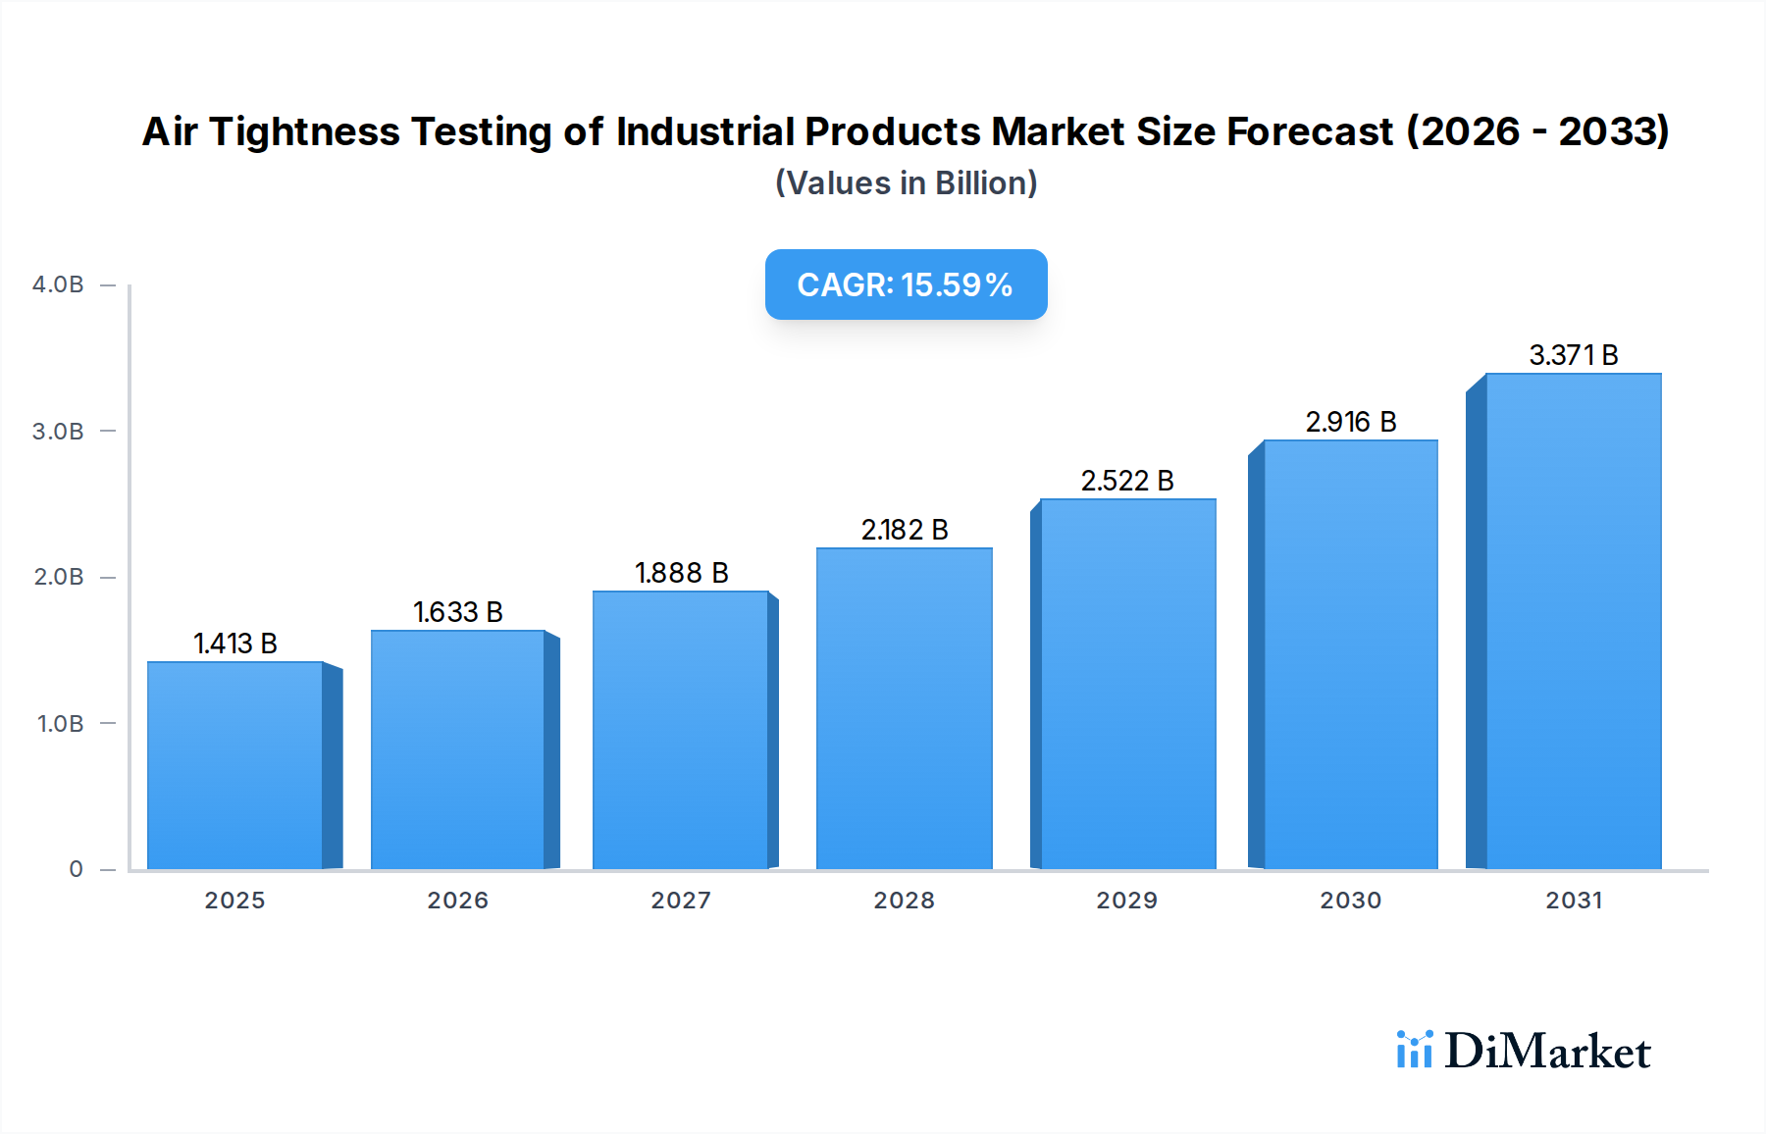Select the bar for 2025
[x=235, y=765]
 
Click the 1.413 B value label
[x=235, y=644]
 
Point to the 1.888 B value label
[x=682, y=573]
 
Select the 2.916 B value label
[x=1351, y=422]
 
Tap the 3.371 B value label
[x=1574, y=355]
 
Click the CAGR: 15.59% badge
[x=906, y=284]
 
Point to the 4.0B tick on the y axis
[x=58, y=284]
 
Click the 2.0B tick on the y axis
[x=58, y=577]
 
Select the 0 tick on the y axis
[x=76, y=869]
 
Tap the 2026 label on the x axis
[x=457, y=901]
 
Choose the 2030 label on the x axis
[x=1351, y=901]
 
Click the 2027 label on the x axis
[x=681, y=901]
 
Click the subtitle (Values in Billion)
[x=906, y=183]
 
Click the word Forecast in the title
[x=1310, y=132]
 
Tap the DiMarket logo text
[x=1547, y=1052]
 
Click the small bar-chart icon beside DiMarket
[x=1414, y=1050]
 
